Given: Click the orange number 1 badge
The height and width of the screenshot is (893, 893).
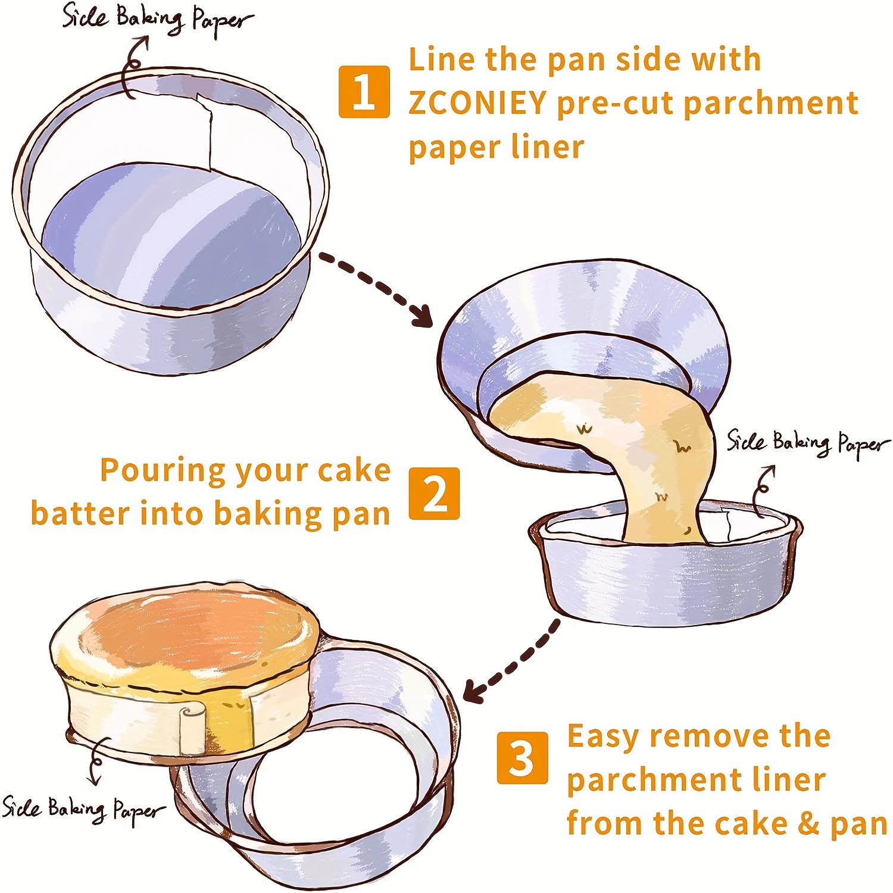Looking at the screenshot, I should pos(364,92).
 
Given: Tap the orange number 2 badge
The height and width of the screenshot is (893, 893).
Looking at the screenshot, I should pos(434,493).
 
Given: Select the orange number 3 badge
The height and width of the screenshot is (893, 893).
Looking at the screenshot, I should pos(522,757).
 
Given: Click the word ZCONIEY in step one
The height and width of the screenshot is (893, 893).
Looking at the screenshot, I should pos(477,103).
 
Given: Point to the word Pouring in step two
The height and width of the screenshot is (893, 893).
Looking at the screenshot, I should pos(163,470).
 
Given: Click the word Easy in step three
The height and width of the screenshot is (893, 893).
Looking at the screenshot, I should pos(604,737).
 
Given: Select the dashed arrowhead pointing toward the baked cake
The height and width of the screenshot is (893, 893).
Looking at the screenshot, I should pos(474,692).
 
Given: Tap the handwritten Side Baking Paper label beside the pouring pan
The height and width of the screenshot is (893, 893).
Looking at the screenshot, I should pos(807,444).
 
